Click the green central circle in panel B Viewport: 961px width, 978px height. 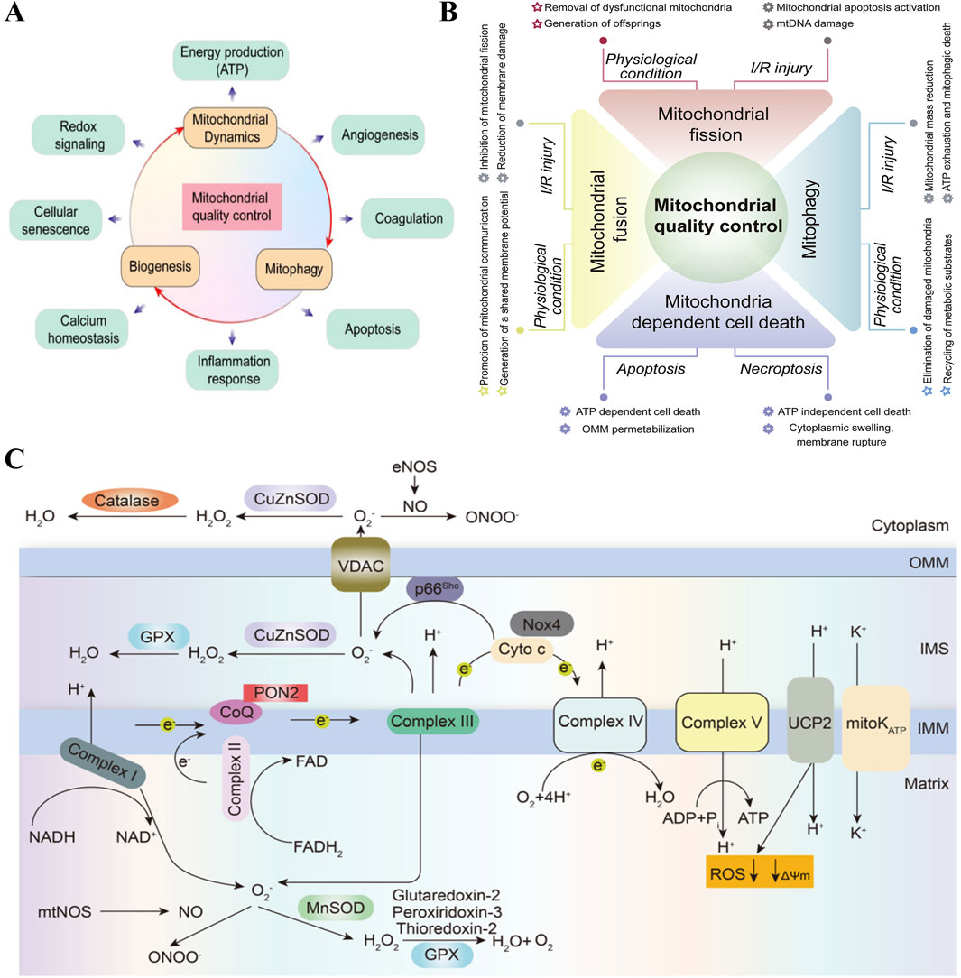click(x=717, y=217)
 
